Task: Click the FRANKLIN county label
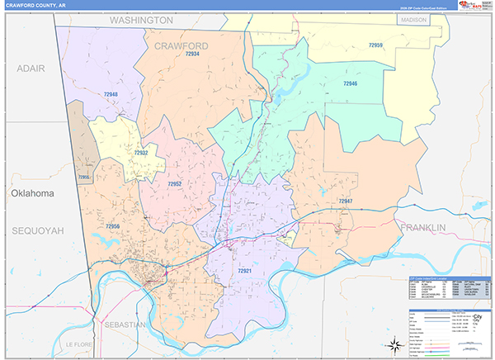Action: [422, 226]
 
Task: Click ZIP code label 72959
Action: [375, 45]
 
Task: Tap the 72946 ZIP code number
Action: [351, 83]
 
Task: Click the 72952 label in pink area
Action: [174, 183]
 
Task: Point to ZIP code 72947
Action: [345, 201]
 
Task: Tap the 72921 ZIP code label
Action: [246, 270]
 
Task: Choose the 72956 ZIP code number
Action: [113, 225]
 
